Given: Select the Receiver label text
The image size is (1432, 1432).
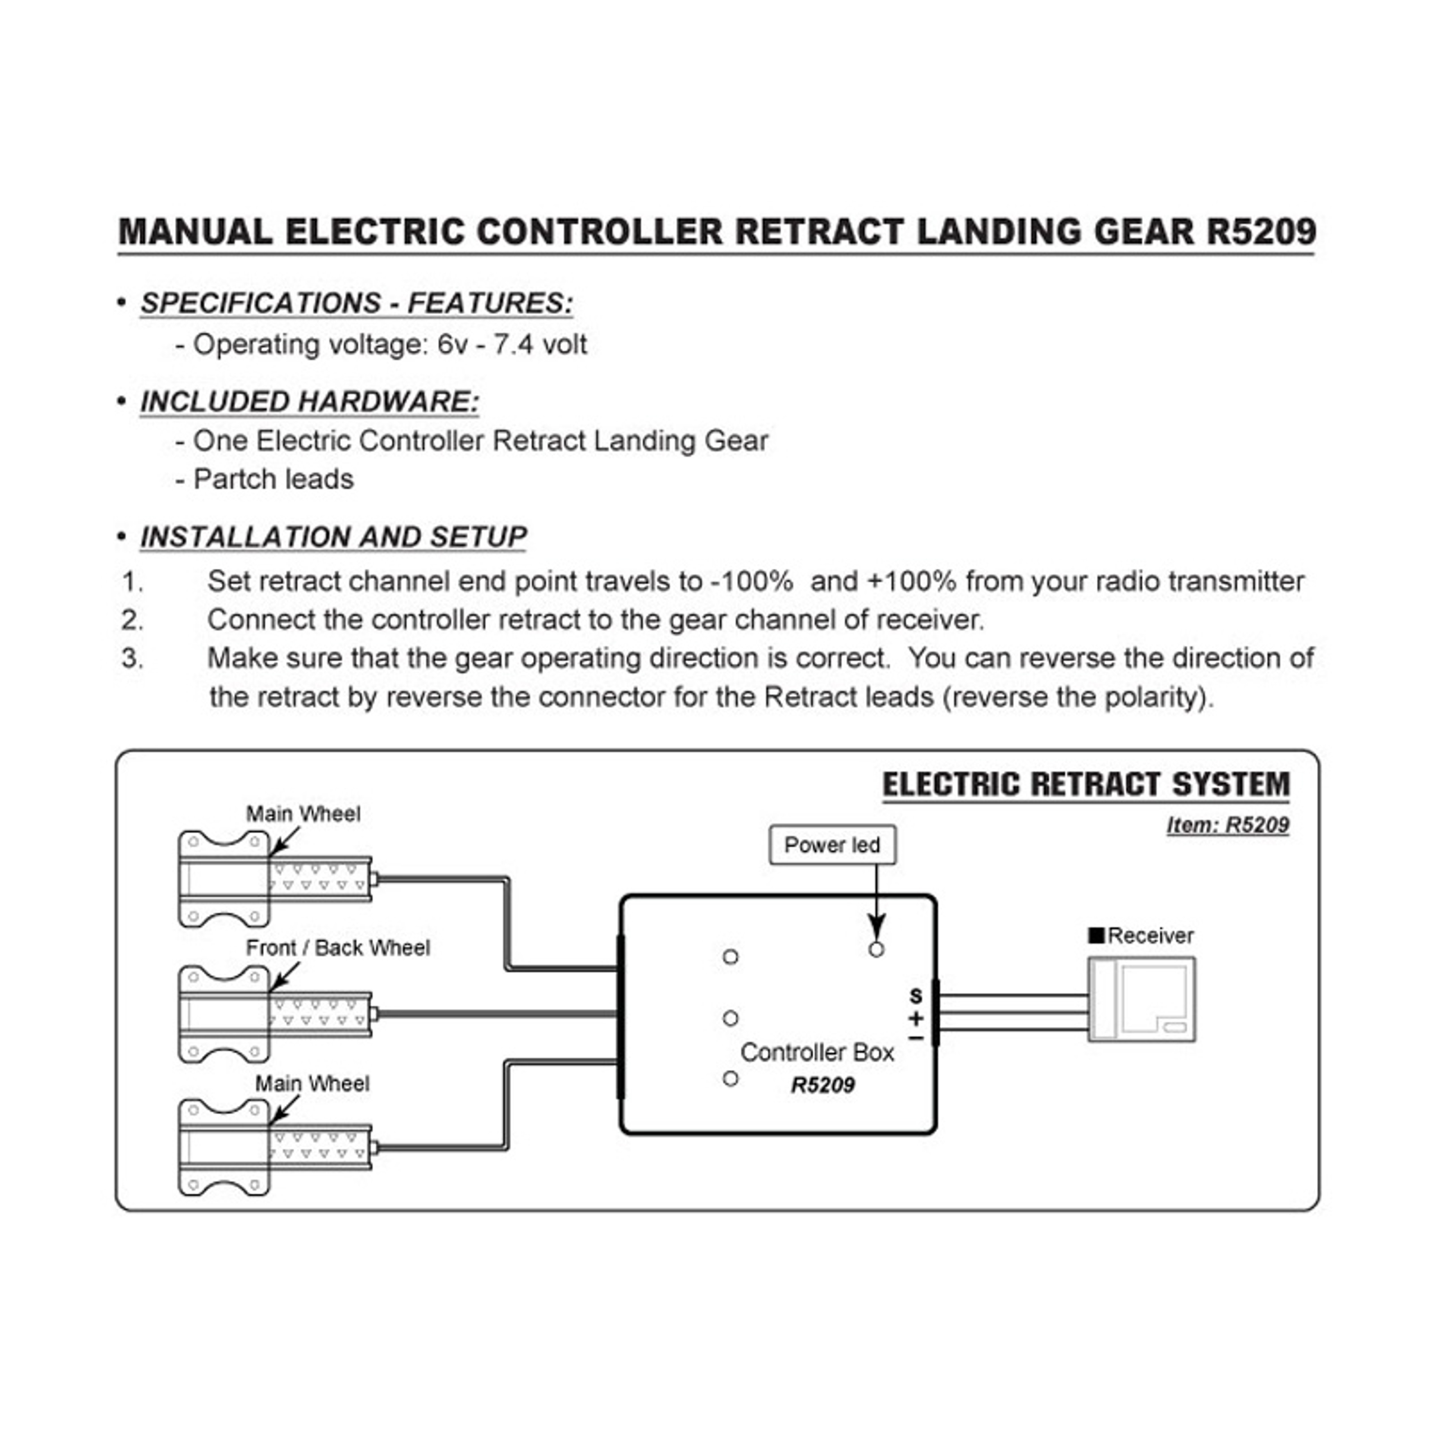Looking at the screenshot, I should click(x=1150, y=936).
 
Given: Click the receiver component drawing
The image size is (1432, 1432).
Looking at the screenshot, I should click(x=1141, y=999).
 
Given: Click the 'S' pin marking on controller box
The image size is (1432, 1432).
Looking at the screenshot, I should click(x=916, y=995).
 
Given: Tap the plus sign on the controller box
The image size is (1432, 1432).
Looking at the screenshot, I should click(x=916, y=1018).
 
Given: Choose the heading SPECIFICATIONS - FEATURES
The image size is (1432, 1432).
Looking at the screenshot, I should click(x=357, y=303).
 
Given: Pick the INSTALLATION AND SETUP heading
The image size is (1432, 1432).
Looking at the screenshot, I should click(x=333, y=537).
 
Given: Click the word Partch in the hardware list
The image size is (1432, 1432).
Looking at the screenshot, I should click(x=230, y=480).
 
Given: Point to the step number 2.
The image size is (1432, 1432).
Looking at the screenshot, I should click(x=132, y=620).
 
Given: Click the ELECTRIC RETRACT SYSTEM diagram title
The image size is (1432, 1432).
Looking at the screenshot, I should click(x=1086, y=784).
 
